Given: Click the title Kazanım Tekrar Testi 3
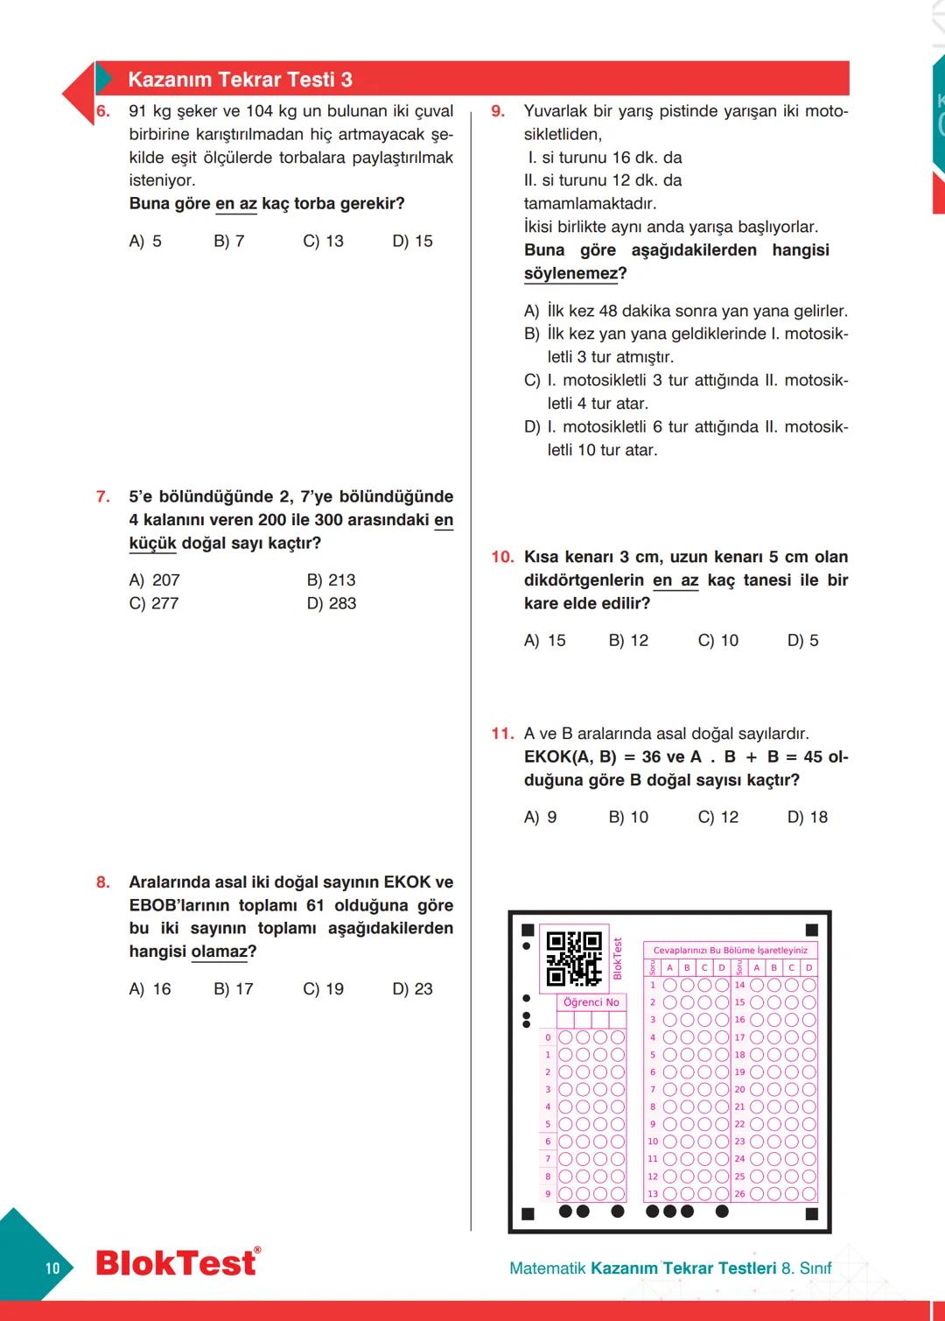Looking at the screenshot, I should [x=240, y=80].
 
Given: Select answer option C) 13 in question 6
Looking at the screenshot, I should [x=323, y=241].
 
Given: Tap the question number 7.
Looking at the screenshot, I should [x=103, y=496].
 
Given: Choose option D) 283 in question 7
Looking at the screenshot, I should [x=332, y=603].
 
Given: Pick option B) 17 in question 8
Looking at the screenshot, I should [x=234, y=989].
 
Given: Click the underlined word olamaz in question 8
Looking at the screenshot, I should [x=220, y=952].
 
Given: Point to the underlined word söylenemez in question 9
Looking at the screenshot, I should [x=570, y=273].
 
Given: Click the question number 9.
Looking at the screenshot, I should [x=498, y=111].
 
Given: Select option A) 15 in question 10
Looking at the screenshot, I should [x=544, y=641].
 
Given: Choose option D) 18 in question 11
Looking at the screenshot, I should [x=807, y=818].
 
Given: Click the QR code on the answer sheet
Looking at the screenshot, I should [x=574, y=959].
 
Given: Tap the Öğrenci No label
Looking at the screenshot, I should [x=591, y=1002].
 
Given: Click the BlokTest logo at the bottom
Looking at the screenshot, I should [x=178, y=1263].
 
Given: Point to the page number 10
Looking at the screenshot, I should [x=52, y=1268].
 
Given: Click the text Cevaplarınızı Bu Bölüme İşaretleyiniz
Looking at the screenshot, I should [x=730, y=950].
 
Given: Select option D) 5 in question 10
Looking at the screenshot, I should [x=802, y=641].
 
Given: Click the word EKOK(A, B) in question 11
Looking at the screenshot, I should [x=570, y=757].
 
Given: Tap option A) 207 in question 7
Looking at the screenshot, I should [x=154, y=580].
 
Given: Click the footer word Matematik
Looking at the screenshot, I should [x=548, y=1268].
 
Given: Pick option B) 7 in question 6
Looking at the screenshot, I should [x=228, y=241].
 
